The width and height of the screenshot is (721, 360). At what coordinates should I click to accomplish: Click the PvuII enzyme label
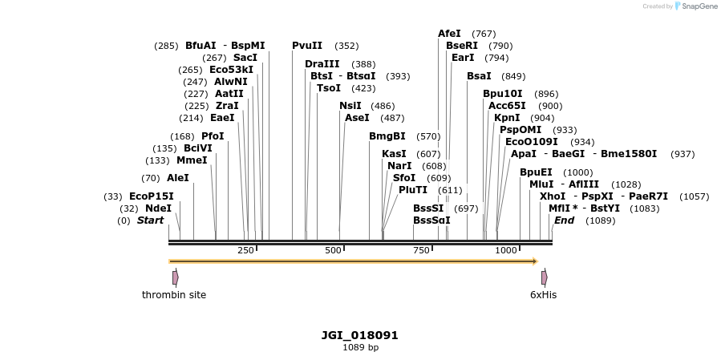pos(307,46)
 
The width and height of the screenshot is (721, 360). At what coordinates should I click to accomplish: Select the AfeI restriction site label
pos(449,34)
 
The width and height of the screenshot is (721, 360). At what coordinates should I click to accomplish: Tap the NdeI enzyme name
pos(158,208)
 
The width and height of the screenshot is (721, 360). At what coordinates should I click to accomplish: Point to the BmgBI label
pos(387,136)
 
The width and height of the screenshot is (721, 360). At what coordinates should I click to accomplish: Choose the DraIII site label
pos(322,64)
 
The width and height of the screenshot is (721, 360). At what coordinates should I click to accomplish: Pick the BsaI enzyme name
pos(479,76)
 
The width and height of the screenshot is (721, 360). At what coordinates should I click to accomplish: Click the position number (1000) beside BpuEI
pos(578,172)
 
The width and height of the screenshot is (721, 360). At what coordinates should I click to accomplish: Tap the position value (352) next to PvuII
pos(346,46)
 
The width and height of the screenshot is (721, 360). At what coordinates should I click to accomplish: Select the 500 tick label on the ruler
pos(334,250)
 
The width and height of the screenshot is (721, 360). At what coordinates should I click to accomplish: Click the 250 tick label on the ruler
pos(245,250)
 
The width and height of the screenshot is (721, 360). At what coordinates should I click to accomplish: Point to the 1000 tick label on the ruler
pos(506,250)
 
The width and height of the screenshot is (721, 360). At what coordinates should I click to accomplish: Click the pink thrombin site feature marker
pos(175,277)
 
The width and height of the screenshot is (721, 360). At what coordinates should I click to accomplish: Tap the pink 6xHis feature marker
pos(544,277)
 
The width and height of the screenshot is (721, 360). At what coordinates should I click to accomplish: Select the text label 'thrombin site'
pos(174,295)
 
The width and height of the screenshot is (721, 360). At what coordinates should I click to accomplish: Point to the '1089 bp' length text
pos(360,348)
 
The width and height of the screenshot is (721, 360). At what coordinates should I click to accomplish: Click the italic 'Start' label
pos(150,220)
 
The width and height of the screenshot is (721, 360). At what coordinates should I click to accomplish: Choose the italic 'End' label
pos(564,220)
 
